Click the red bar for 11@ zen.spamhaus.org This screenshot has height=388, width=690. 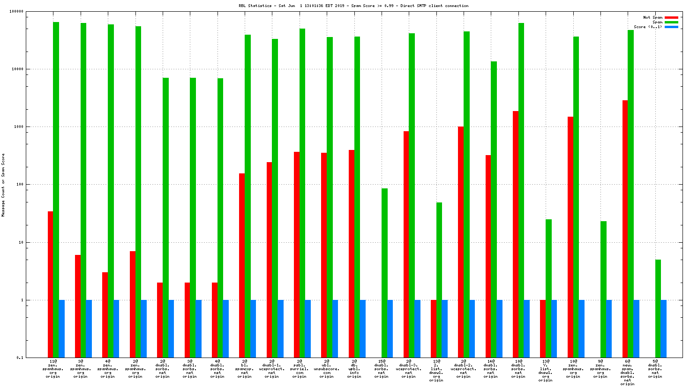(50, 284)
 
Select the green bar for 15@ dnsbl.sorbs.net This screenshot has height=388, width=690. (384, 273)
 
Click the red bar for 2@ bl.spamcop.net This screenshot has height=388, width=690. (242, 265)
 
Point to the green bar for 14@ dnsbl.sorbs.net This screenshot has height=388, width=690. (494, 209)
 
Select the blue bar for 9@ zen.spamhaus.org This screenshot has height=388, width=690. (609, 328)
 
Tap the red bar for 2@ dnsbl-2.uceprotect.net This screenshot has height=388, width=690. (461, 242)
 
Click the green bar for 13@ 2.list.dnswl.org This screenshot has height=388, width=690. (439, 280)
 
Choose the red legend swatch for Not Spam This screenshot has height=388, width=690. (671, 17)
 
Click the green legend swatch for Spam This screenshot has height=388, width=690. (671, 22)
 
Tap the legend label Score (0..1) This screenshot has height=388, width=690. (648, 27)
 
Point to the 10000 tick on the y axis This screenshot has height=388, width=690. (19, 69)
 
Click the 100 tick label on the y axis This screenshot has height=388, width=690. (20, 185)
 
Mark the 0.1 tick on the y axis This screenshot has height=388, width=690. (20, 358)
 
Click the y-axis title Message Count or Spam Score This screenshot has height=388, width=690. (3, 185)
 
